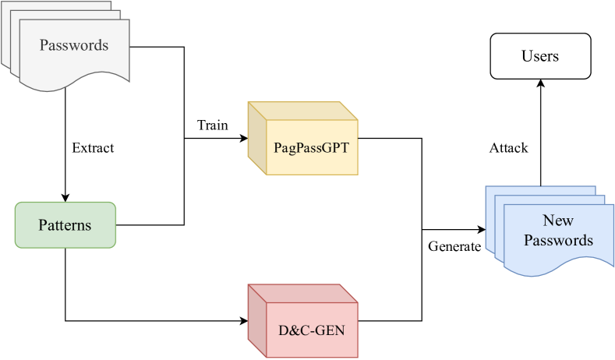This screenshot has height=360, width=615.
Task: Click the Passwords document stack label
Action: click(x=74, y=45)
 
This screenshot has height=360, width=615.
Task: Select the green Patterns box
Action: click(x=65, y=225)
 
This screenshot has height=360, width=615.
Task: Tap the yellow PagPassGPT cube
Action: click(x=311, y=146)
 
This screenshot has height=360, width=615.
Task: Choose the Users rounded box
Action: click(x=540, y=56)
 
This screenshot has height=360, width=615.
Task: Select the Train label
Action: click(x=213, y=125)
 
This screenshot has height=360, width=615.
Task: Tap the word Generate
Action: click(x=454, y=246)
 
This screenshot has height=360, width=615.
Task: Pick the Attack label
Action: click(x=509, y=147)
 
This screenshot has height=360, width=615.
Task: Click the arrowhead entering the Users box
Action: click(x=539, y=84)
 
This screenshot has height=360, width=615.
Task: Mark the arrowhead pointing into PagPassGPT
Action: click(x=243, y=139)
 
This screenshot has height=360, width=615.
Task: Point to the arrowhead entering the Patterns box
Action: click(x=65, y=197)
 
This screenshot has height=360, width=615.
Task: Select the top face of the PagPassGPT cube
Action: click(x=304, y=111)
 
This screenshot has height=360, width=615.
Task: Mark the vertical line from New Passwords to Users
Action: click(x=539, y=132)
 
